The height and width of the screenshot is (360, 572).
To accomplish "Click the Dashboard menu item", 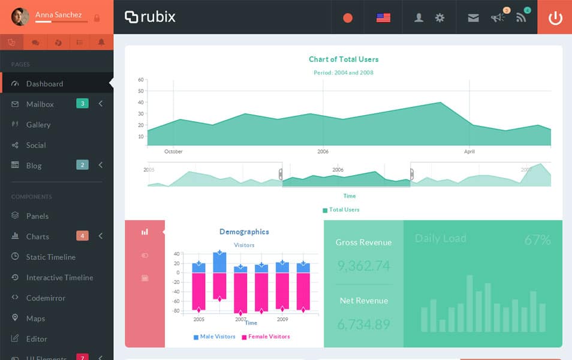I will click(x=44, y=83).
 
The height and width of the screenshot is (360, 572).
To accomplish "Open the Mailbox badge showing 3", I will click(x=82, y=104).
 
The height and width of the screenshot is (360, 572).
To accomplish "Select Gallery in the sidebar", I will click(x=38, y=124).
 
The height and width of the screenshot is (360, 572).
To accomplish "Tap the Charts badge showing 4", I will click(x=82, y=236).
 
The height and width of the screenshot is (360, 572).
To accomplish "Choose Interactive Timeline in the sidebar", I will click(x=59, y=277).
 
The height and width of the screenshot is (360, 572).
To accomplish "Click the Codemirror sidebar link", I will click(x=46, y=298).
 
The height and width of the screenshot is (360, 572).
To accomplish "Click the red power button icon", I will click(x=555, y=17).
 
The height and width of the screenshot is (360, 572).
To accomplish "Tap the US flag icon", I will click(x=383, y=17).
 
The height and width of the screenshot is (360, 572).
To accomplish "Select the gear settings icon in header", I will click(x=439, y=17).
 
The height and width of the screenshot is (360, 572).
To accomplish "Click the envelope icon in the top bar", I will click(x=473, y=17).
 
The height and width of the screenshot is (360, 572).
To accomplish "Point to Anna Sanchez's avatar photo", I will click(x=20, y=17).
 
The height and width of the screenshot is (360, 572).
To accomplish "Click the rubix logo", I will click(x=150, y=17).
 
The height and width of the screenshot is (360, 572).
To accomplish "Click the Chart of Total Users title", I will click(x=344, y=59).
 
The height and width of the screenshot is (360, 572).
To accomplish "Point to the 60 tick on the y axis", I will click(x=141, y=79).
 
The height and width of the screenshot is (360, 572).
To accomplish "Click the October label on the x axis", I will click(x=173, y=151).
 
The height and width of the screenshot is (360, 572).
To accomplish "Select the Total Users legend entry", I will click(x=341, y=209).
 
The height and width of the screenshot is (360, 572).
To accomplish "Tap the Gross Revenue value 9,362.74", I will click(x=363, y=266).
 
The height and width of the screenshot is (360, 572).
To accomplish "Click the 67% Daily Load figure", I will click(x=537, y=240).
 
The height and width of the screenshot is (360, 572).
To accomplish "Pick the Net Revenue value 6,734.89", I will click(x=363, y=325).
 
